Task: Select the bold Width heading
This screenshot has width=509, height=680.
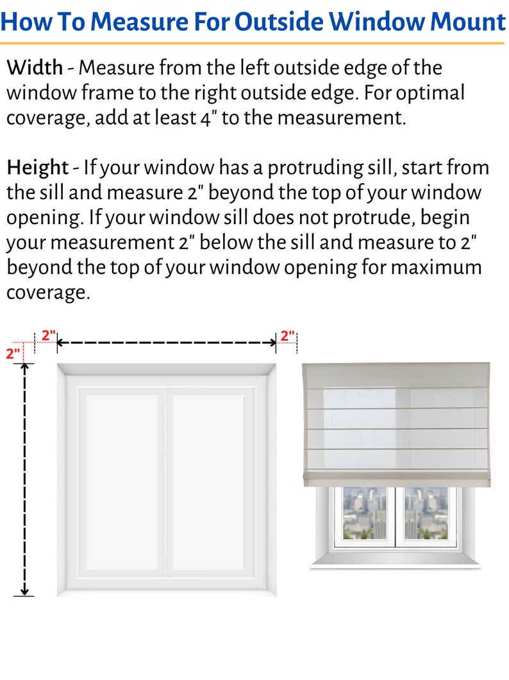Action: coord(35,67)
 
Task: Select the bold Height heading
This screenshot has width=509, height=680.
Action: coord(37,168)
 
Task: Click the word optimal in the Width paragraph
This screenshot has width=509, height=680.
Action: coord(430,92)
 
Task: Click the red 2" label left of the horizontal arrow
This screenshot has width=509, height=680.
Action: coord(49,335)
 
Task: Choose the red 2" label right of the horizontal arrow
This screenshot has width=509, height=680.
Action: coord(287,335)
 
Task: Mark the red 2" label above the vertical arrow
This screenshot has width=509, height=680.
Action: coord(13,353)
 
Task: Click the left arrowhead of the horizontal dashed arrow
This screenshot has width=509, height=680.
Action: coord(60,343)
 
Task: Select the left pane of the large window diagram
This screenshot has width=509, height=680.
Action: coord(122,482)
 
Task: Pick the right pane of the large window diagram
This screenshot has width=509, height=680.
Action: coord(208,482)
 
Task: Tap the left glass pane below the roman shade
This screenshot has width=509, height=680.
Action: coord(364,513)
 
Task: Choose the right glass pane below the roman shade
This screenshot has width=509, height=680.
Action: coord(426,513)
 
